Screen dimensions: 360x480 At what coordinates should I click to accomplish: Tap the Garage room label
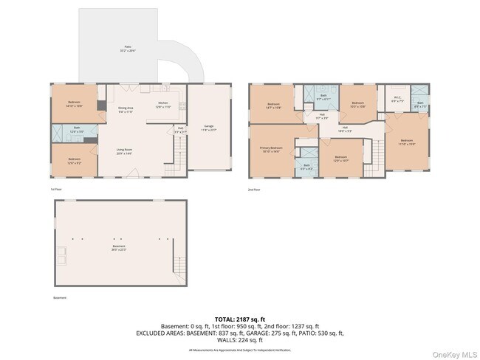(x=209, y=130)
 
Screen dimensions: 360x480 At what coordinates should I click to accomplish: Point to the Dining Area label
(x=126, y=110)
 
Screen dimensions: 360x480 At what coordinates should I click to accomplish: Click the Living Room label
(x=123, y=151)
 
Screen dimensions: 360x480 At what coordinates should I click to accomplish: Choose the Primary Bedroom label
(x=271, y=149)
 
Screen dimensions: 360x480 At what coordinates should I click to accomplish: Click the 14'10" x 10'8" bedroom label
(x=75, y=104)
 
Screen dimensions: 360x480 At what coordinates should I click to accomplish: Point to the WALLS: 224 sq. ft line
(x=239, y=340)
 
